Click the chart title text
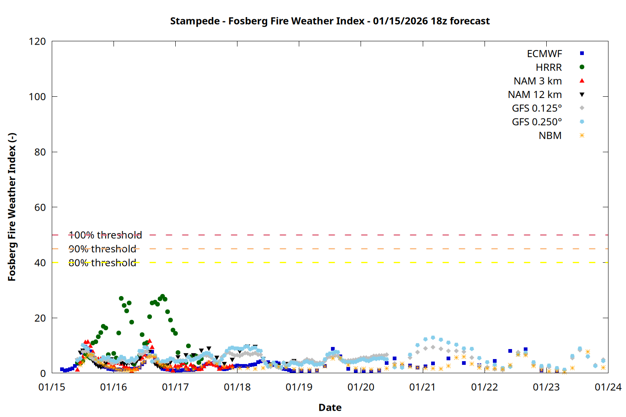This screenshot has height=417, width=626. [330, 21]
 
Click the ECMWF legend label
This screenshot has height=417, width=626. [544, 54]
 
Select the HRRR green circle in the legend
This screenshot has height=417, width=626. [582, 67]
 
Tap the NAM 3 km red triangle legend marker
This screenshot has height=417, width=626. [582, 80]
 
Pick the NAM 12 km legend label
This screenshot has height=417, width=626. [535, 95]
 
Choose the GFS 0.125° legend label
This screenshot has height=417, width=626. [537, 108]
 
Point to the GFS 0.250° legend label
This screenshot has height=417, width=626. [537, 122]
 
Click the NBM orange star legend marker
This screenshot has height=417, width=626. [582, 136]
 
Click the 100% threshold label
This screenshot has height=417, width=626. [105, 235]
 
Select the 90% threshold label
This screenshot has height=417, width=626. [102, 249]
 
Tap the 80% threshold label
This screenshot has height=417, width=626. [102, 263]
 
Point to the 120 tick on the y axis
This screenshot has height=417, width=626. [38, 41]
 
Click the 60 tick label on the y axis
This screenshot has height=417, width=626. [40, 207]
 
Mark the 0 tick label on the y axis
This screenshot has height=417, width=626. [43, 373]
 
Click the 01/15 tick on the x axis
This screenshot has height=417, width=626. [52, 387]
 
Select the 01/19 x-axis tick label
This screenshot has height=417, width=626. [299, 387]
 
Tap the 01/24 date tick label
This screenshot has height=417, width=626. [608, 387]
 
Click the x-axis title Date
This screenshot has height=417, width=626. [330, 407]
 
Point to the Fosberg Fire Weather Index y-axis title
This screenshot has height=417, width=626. [12, 207]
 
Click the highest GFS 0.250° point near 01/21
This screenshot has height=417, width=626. [433, 338]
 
